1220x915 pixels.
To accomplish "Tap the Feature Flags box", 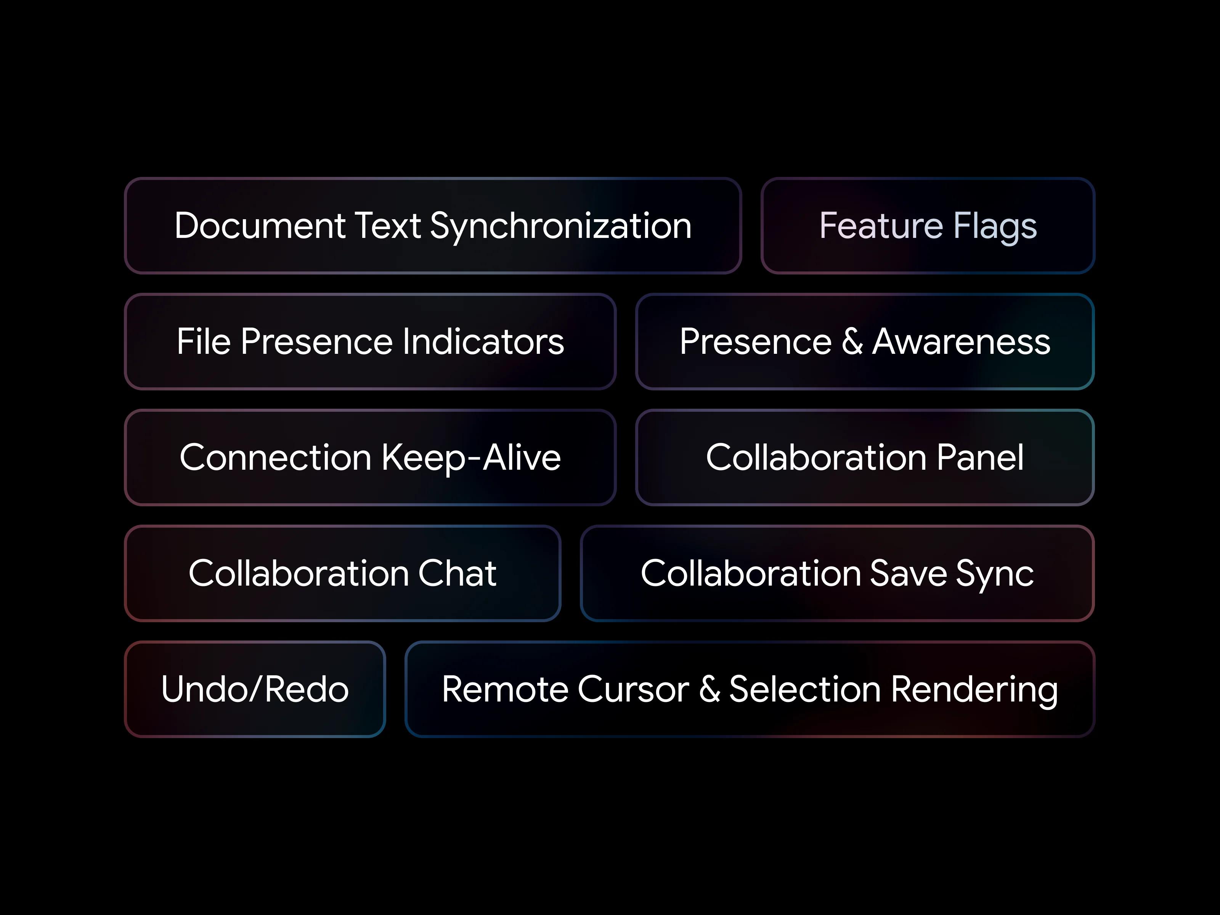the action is pos(928,226).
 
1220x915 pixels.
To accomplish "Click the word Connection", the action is pos(276,458).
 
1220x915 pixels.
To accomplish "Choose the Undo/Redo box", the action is pos(255,689).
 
